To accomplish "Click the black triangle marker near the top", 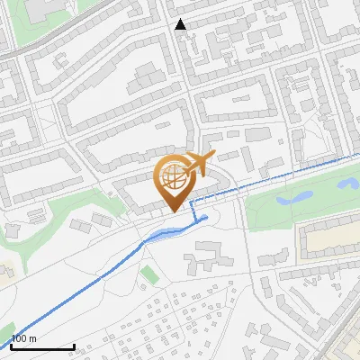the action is point(181,24).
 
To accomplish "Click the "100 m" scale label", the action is point(23,339).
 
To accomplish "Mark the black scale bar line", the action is point(42,346).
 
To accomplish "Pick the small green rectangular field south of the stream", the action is point(148,273).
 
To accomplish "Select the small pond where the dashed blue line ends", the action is point(204,217).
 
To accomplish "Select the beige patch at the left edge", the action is point(4,271).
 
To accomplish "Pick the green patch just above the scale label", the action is point(5,328).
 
